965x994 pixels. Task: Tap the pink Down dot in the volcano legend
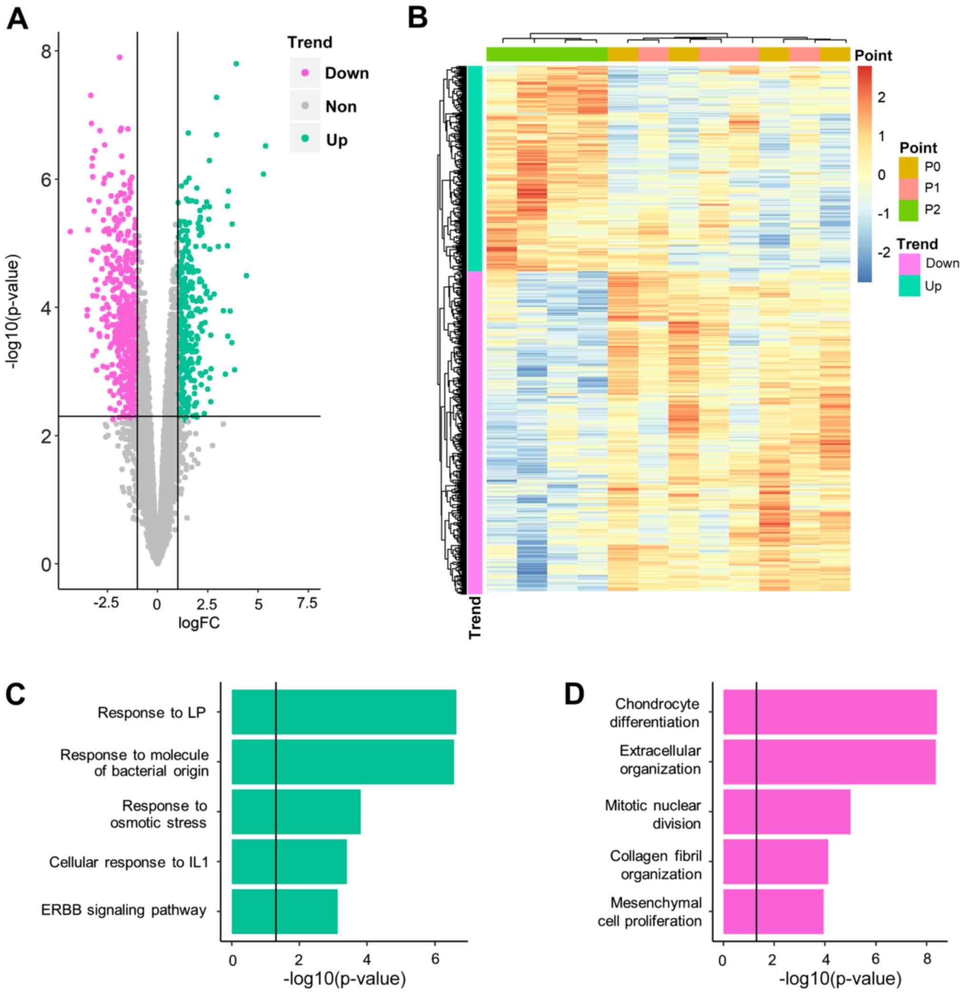(305, 73)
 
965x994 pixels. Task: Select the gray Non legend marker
(305, 106)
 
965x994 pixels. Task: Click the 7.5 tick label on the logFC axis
(306, 603)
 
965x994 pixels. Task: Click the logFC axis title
(199, 623)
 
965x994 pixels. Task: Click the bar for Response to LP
(344, 712)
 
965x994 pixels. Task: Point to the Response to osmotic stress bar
(296, 812)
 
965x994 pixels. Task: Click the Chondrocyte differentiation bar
(829, 712)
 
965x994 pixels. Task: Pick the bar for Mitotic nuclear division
(786, 812)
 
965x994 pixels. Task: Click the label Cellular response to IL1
(129, 862)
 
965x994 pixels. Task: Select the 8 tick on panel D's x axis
(927, 959)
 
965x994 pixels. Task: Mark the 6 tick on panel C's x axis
(434, 959)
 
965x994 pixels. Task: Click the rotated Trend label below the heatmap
(475, 617)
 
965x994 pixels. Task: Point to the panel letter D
(574, 695)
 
